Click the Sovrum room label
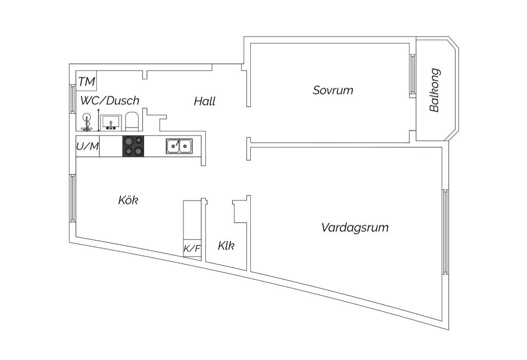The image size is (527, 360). point(333,90)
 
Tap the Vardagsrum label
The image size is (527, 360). point(355,228)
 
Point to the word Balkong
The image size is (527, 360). point(434,90)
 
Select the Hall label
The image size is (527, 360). point(204,101)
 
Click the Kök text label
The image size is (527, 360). point(128,200)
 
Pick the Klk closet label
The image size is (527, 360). point(226,245)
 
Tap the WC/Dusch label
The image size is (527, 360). point(110,100)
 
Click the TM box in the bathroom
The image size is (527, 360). point(86,80)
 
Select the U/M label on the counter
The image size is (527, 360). point(88,146)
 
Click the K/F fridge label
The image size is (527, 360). point(192,249)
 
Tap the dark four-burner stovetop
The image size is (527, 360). point(133,146)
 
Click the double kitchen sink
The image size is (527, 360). point(179,146)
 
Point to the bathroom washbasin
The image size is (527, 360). point(111,122)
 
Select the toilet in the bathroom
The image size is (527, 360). point(132,121)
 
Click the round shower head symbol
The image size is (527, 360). point(87,118)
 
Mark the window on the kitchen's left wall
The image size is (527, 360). point(73,198)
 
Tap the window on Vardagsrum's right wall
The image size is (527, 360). point(446,232)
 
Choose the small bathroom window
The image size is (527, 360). point(73,99)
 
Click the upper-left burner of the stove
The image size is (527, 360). point(128,141)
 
